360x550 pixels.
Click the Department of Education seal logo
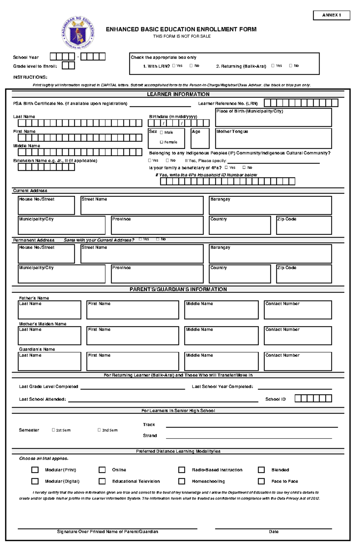click(x=78, y=33)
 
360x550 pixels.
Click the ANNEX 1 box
click(x=331, y=15)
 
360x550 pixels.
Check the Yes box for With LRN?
click(x=174, y=66)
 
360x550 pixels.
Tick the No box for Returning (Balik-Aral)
click(x=290, y=66)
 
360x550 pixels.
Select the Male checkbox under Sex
click(x=161, y=132)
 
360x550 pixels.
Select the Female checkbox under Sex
click(x=161, y=142)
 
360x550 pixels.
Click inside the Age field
click(x=200, y=140)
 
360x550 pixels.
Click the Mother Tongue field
click(x=273, y=140)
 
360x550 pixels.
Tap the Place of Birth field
click(x=273, y=119)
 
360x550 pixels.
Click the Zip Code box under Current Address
click(x=304, y=227)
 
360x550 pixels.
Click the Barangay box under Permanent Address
click(x=270, y=256)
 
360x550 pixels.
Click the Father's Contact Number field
click(x=298, y=312)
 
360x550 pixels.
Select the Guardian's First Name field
click(x=132, y=363)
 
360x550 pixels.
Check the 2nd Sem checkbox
click(x=99, y=430)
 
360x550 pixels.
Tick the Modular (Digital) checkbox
click(x=35, y=481)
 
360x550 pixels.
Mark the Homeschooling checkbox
click(x=181, y=481)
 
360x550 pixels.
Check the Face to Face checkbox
click(x=261, y=481)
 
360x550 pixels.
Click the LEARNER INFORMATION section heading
click(x=178, y=94)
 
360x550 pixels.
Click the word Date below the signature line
click(x=273, y=531)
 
